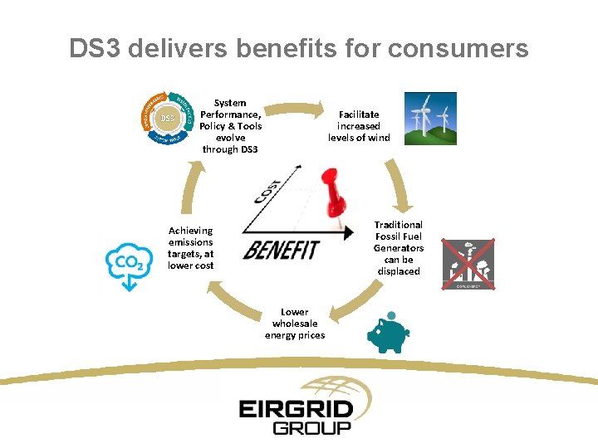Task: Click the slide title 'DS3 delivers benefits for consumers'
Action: (x=299, y=49)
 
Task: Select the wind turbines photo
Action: (x=429, y=119)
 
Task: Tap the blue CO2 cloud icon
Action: (x=128, y=263)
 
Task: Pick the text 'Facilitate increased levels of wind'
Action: (x=359, y=126)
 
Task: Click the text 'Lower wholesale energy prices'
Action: (x=295, y=324)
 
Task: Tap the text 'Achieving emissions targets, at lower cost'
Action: (x=191, y=248)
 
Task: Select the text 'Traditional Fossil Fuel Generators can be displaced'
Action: (x=399, y=248)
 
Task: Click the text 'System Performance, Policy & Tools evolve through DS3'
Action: (x=230, y=126)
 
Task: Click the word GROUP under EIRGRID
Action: (x=312, y=428)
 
